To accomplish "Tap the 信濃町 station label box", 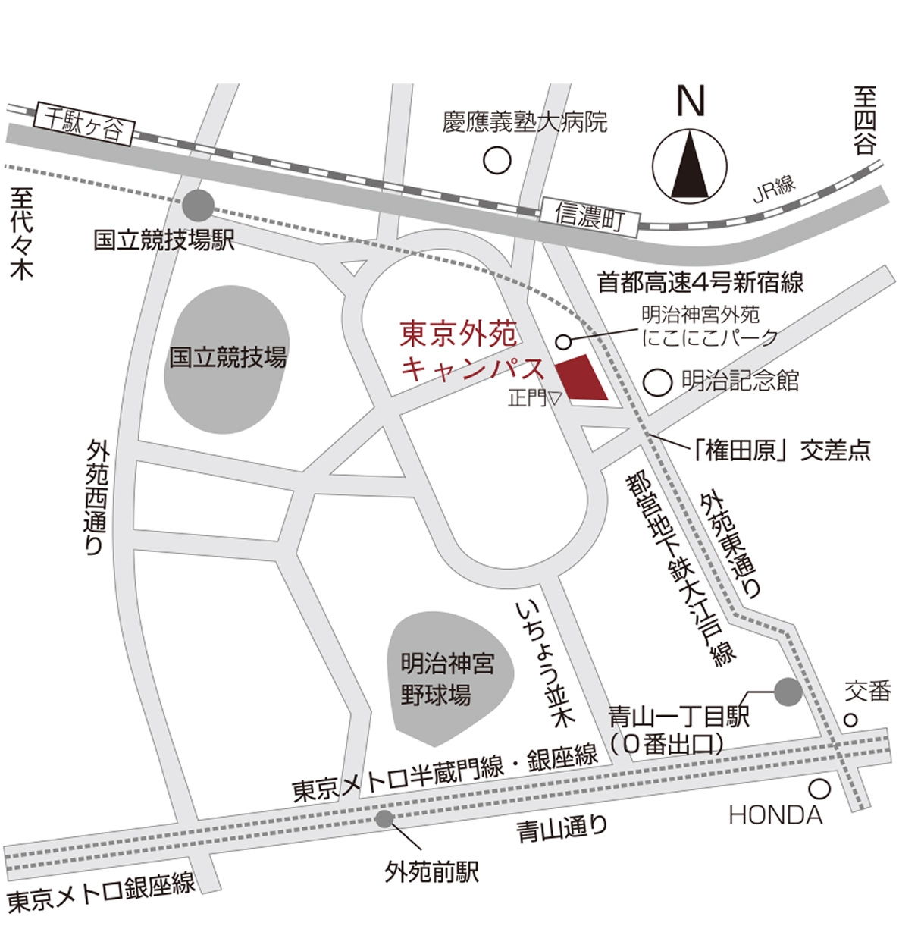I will tap(590, 215).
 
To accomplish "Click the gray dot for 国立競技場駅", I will tap(199, 203).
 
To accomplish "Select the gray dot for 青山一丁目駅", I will tap(788, 691).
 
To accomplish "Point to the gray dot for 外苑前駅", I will tap(384, 818).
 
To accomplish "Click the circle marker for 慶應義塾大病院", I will tap(497, 160).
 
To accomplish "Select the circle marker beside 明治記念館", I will tap(658, 381).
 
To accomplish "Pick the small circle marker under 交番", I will tap(851, 719).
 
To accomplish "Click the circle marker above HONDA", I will tap(819, 789).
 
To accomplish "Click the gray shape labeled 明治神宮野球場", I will tap(447, 679).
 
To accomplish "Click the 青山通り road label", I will tap(562, 827).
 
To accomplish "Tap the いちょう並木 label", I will tap(543, 663).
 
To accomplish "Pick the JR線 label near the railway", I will tap(774, 188).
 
